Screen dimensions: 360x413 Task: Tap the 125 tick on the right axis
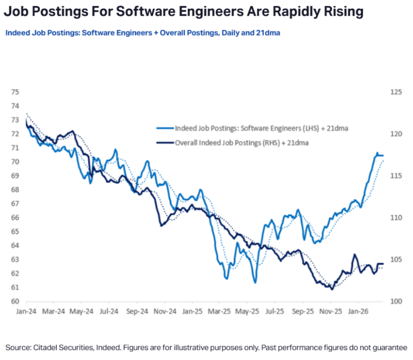click(x=396, y=92)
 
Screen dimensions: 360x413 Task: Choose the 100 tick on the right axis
click(x=396, y=301)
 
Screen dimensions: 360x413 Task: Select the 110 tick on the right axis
click(x=396, y=218)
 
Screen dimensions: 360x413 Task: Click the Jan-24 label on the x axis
click(x=26, y=311)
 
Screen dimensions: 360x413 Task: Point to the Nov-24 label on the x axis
click(x=164, y=311)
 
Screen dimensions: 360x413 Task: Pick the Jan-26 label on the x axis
click(x=358, y=311)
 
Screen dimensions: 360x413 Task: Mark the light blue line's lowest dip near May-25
click(x=255, y=283)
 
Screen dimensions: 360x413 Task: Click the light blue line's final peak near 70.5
click(x=376, y=153)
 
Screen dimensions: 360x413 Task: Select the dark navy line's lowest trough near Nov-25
click(x=332, y=289)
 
